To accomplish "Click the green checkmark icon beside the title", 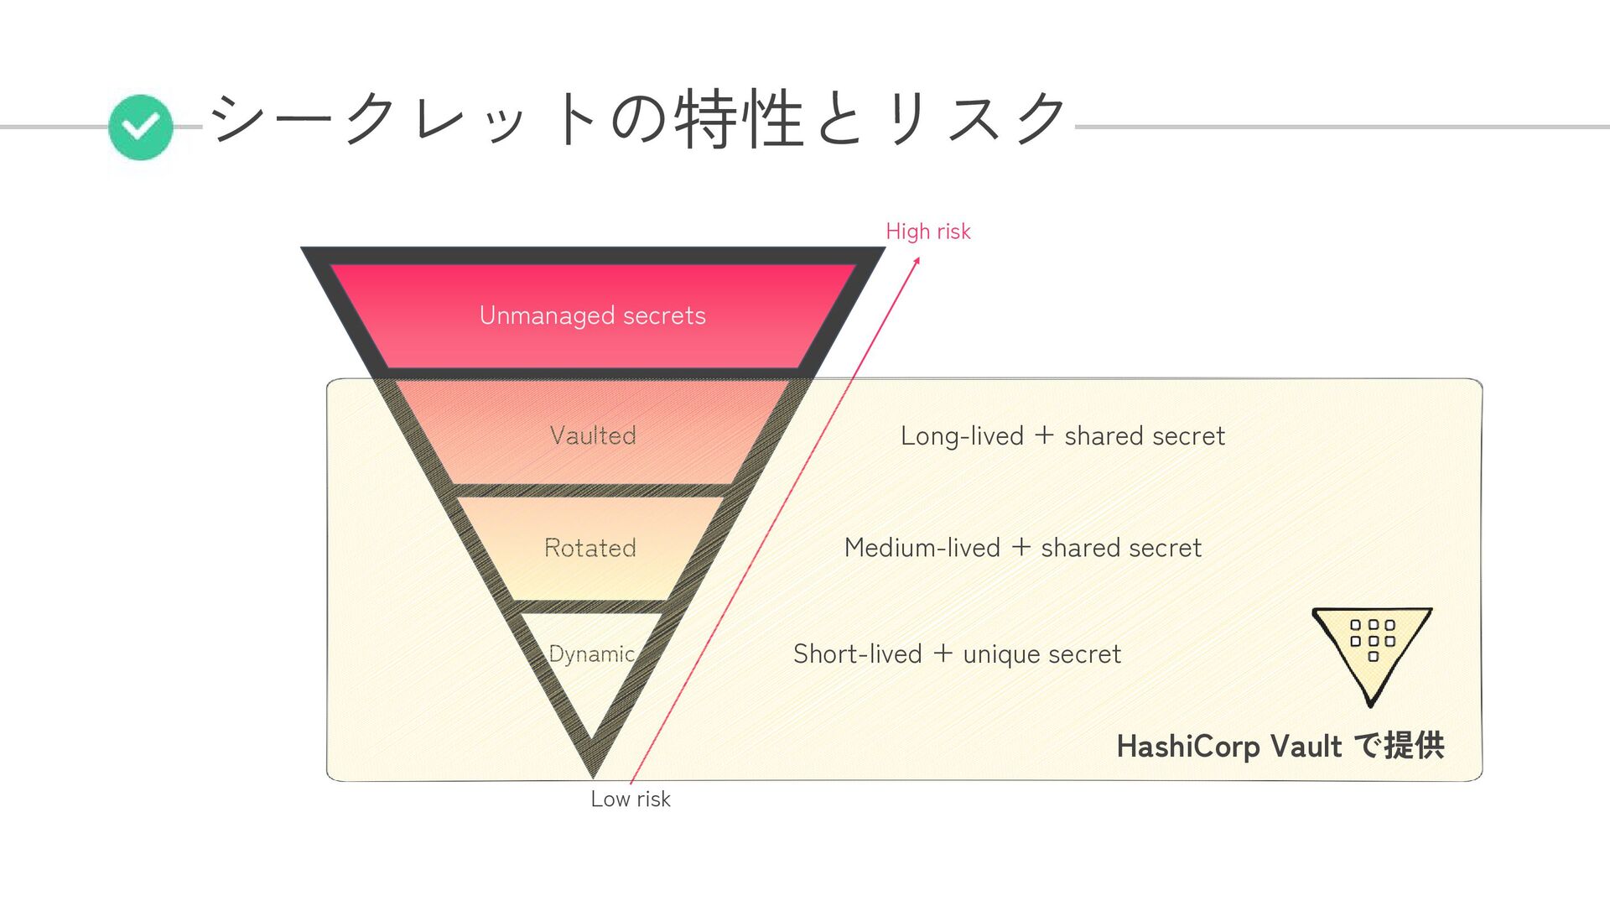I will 141,127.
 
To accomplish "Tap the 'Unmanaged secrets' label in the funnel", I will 592,315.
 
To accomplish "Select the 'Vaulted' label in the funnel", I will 593,435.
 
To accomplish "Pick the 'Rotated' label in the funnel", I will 590,548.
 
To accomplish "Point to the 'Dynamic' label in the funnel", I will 591,653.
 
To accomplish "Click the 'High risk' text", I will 927,232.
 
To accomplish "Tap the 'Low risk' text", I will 630,799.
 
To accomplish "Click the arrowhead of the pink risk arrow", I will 917,261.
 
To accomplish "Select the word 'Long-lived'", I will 962,436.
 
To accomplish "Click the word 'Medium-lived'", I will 922,548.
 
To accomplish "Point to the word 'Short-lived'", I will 857,654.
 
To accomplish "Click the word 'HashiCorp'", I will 1187,746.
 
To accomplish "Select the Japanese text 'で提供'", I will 1399,745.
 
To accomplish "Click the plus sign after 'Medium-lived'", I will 1021,547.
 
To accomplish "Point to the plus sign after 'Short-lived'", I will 943,653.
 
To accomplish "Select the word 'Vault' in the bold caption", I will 1306,746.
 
